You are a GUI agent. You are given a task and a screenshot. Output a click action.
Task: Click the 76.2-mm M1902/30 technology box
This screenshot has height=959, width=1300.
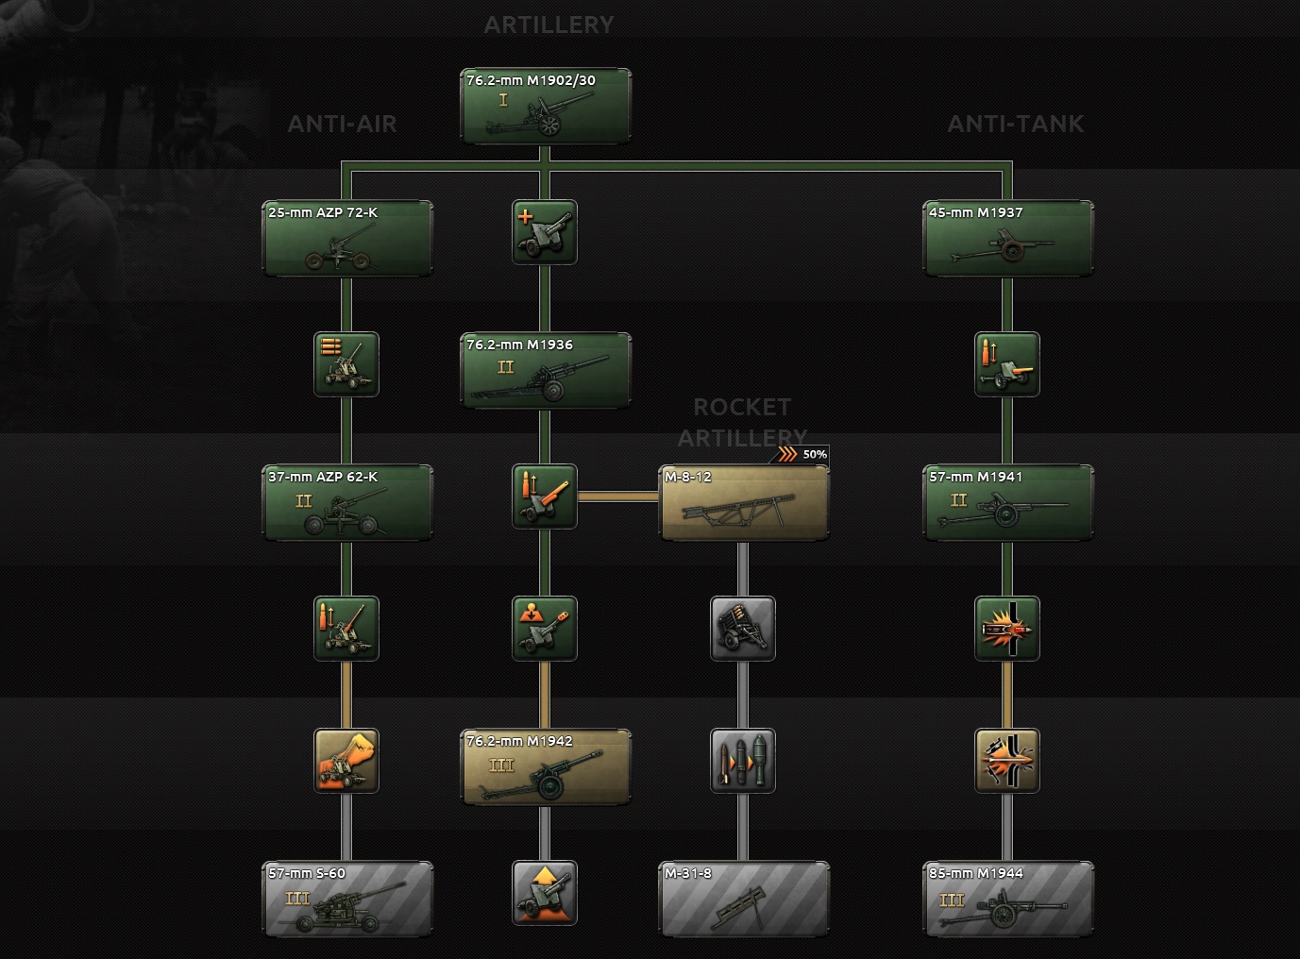545,106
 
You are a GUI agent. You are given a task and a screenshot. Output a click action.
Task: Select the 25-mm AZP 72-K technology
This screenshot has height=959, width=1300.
347,238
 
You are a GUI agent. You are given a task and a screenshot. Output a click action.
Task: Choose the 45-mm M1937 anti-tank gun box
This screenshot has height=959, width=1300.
1008,238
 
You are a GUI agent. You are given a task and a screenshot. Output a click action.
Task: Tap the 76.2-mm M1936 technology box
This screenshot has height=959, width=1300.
545,370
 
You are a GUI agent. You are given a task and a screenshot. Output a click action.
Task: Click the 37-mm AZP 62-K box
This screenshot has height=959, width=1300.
347,502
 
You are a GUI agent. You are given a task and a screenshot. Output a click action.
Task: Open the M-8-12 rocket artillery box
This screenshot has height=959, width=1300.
744,502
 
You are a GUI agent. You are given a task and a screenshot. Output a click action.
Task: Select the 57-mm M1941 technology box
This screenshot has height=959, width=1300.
1008,502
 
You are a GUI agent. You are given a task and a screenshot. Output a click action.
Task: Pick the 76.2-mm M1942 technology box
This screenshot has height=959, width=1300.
545,766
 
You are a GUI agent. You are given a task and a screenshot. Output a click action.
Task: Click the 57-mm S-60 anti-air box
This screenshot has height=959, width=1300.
347,899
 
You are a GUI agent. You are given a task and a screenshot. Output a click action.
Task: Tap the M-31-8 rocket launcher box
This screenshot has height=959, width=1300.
744,899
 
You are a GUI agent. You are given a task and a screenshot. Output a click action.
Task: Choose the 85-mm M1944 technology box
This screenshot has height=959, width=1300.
1008,899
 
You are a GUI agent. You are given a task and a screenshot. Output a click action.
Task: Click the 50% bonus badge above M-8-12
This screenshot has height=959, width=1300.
801,454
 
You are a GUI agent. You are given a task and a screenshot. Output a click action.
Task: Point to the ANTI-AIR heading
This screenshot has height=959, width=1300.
342,124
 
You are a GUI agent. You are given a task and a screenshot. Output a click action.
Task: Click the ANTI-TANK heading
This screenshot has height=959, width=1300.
1015,124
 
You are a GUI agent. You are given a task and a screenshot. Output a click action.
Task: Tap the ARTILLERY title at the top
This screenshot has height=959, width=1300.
549,25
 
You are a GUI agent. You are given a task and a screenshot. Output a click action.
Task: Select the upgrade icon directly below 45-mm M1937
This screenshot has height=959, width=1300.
1006,364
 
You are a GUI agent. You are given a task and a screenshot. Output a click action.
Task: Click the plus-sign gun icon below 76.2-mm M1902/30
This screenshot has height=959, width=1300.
545,232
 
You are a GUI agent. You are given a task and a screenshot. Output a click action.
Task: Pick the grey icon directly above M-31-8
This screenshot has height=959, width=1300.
743,761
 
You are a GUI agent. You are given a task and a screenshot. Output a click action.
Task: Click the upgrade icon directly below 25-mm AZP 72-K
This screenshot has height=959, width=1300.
346,364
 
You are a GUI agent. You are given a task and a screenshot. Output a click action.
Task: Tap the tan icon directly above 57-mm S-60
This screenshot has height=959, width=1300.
346,761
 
